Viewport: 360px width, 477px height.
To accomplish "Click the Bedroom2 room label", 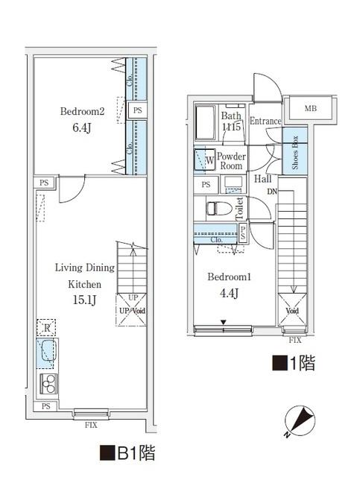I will tap(81, 112).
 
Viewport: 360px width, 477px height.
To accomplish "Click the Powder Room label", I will tap(231, 161).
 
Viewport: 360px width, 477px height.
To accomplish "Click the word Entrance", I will tap(265, 121).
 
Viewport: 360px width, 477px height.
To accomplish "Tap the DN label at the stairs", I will tap(273, 192).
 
